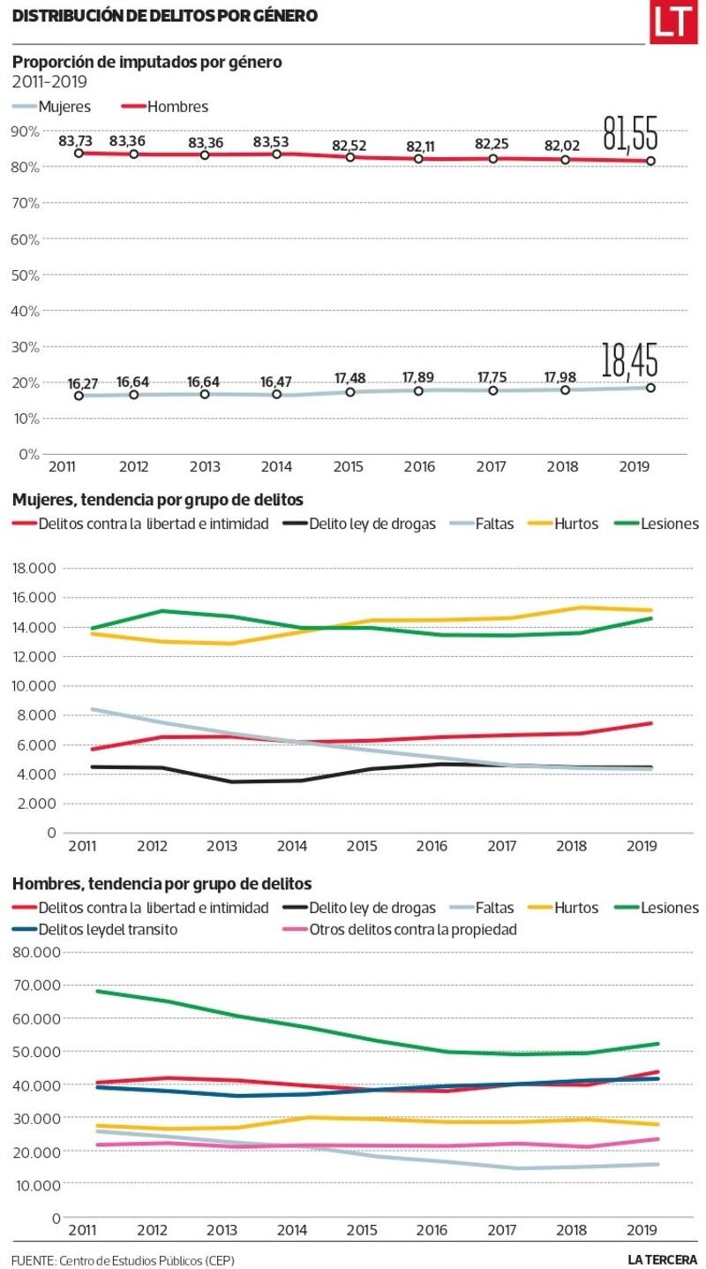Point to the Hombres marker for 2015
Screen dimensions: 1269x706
pyautogui.click(x=350, y=157)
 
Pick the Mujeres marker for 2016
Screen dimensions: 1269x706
pyautogui.click(x=419, y=389)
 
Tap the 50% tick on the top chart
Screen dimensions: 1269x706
pyautogui.click(x=26, y=275)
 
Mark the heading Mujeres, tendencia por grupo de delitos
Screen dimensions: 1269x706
pyautogui.click(x=158, y=501)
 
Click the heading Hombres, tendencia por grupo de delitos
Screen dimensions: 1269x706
pyautogui.click(x=161, y=884)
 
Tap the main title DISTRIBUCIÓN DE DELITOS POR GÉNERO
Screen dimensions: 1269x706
pyautogui.click(x=165, y=16)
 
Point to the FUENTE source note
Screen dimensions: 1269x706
pyautogui.click(x=124, y=1259)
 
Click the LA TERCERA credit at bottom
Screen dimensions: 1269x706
pyautogui.click(x=662, y=1259)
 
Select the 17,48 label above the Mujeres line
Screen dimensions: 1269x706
pyautogui.click(x=350, y=378)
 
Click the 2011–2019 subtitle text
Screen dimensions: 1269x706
pyautogui.click(x=49, y=82)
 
